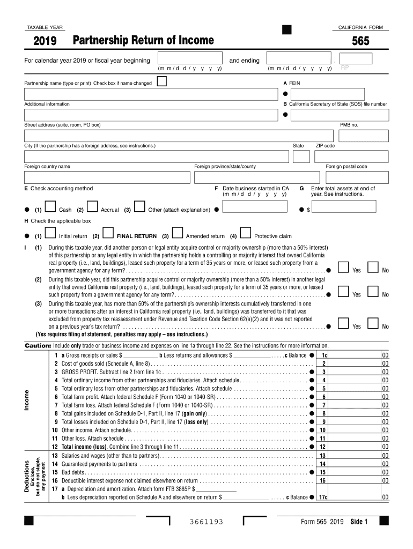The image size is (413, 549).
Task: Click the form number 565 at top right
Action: point(360,41)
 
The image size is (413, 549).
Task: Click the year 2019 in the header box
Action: point(45,41)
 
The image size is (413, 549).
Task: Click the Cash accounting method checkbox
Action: point(51,207)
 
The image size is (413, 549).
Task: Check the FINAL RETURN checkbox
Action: point(107,233)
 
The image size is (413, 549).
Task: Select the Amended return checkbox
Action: point(177,233)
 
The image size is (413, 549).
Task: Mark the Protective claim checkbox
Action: point(246,233)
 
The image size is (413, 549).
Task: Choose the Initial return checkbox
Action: point(51,233)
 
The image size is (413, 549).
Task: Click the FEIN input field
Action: point(327,94)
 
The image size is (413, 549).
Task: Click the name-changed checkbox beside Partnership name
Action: point(161,81)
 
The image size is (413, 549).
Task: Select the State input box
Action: point(301,157)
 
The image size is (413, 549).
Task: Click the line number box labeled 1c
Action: point(324,355)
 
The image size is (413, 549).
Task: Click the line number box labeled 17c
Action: point(324,497)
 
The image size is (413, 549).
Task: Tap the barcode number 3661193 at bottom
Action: point(206,522)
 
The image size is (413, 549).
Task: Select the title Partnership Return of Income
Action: point(143,41)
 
